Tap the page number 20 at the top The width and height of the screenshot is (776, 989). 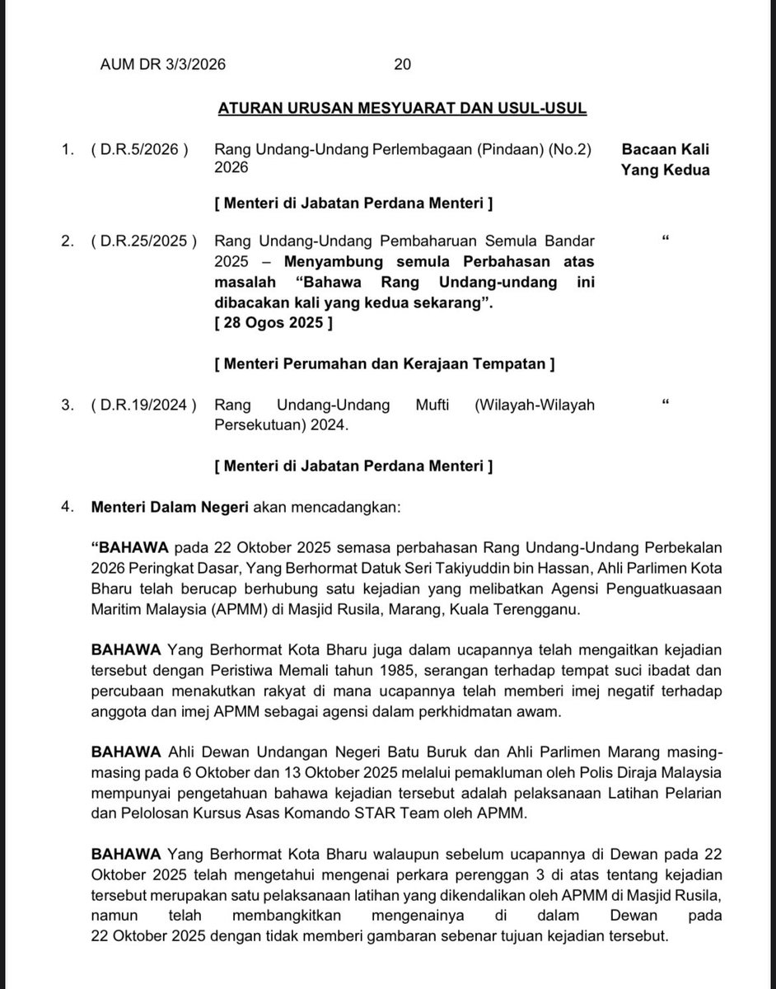pyautogui.click(x=403, y=64)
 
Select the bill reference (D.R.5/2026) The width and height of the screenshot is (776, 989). pyautogui.click(x=139, y=150)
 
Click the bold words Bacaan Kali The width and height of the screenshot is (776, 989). pyautogui.click(x=666, y=150)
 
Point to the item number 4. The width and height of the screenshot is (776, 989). pyautogui.click(x=67, y=506)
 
